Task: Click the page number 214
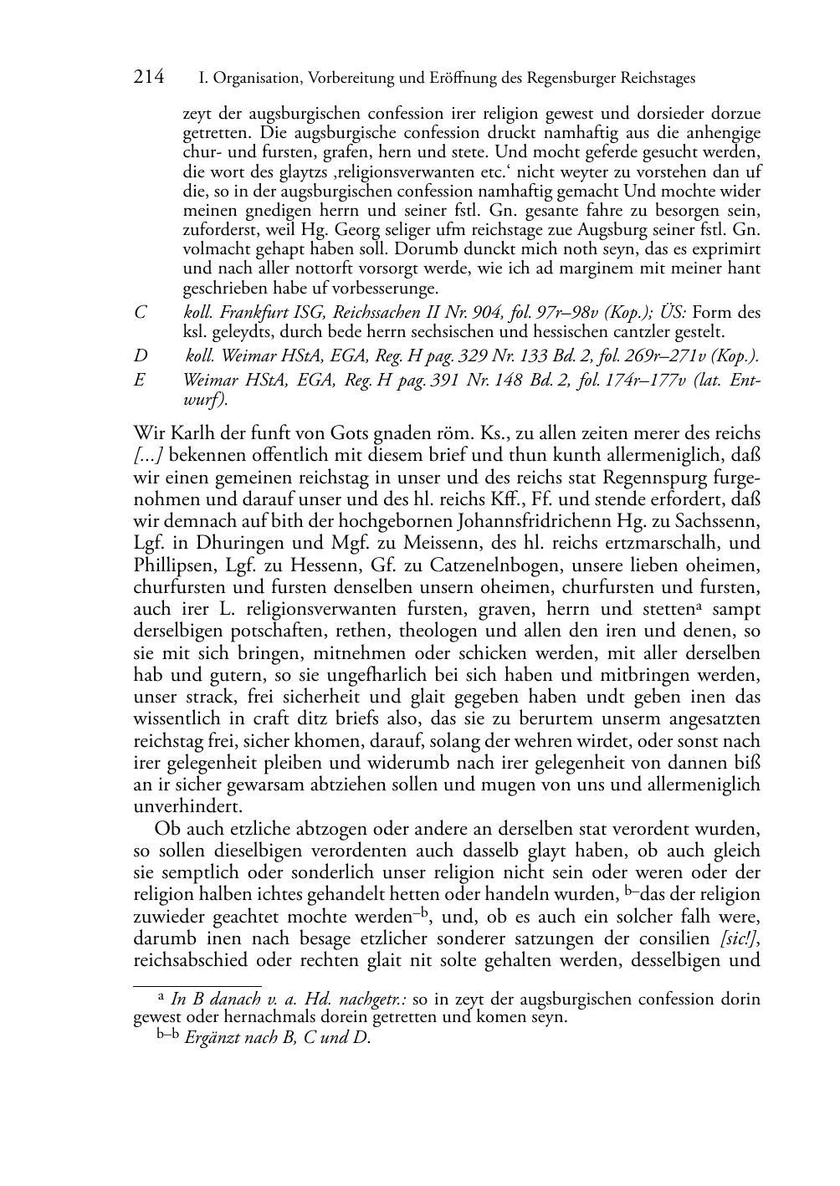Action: coord(149,77)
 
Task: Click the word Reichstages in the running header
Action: coord(656,79)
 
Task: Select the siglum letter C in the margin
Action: coord(141,313)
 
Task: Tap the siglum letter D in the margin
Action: coord(141,356)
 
